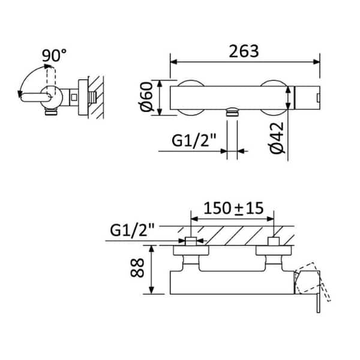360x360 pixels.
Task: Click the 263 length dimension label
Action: coord(244,51)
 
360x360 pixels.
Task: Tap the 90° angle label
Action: coord(54,55)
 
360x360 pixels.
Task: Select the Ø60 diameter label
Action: coord(146,97)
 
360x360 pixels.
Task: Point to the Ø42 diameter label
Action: coord(277,138)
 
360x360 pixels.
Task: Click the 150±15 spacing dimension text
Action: coord(233,208)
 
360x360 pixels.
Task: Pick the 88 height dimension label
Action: coord(137,268)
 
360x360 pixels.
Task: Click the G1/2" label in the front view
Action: coord(194,140)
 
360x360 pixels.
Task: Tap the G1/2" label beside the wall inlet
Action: coord(133,230)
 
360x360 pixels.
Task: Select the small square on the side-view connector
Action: coord(74,98)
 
